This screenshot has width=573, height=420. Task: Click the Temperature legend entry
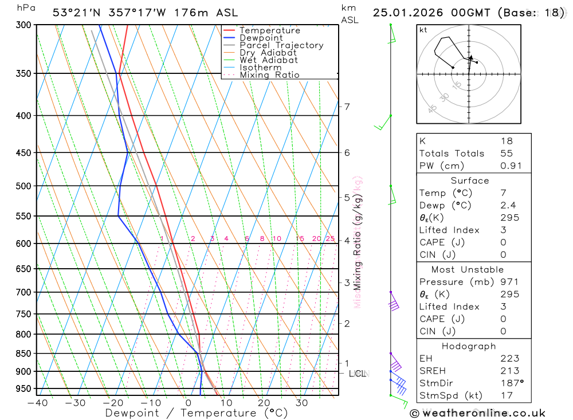click(269, 30)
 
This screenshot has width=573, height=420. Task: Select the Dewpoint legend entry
click(261, 38)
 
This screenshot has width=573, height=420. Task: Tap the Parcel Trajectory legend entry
click(281, 45)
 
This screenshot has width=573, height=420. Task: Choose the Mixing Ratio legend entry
click(269, 75)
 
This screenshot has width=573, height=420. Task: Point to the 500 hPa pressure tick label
click(23, 186)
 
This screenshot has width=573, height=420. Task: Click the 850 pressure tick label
click(23, 353)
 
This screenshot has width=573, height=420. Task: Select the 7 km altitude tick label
click(347, 106)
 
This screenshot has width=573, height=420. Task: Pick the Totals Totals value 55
click(507, 154)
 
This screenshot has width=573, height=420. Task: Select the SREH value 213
click(509, 371)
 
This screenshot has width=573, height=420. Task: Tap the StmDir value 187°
click(512, 383)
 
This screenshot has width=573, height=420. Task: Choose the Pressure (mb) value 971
click(509, 282)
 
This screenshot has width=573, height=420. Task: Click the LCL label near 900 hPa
click(358, 374)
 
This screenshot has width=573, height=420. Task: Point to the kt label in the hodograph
click(423, 30)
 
